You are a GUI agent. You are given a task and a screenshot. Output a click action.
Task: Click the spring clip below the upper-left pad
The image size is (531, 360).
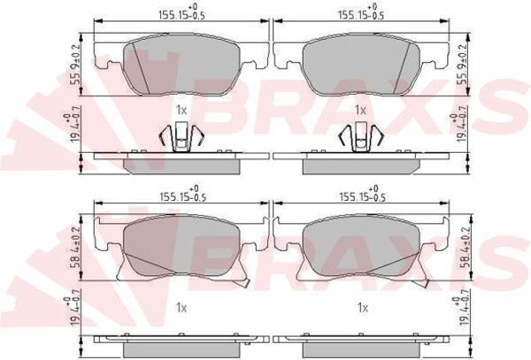point(181,137)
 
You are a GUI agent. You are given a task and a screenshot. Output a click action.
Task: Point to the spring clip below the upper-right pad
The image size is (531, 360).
point(360,137)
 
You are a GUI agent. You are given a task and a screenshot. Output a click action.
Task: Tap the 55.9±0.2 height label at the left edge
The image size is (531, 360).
point(76,64)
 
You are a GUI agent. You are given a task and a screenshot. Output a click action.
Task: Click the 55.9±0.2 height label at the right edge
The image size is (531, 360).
point(461,64)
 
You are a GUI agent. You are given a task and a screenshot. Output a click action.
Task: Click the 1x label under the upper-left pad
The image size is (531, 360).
point(181,110)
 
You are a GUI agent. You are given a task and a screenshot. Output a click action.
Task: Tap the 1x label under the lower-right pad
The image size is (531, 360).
point(360,307)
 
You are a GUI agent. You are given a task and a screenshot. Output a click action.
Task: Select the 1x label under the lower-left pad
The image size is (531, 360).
point(181,307)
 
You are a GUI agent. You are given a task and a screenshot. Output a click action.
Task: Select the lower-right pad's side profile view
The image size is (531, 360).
point(359,340)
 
